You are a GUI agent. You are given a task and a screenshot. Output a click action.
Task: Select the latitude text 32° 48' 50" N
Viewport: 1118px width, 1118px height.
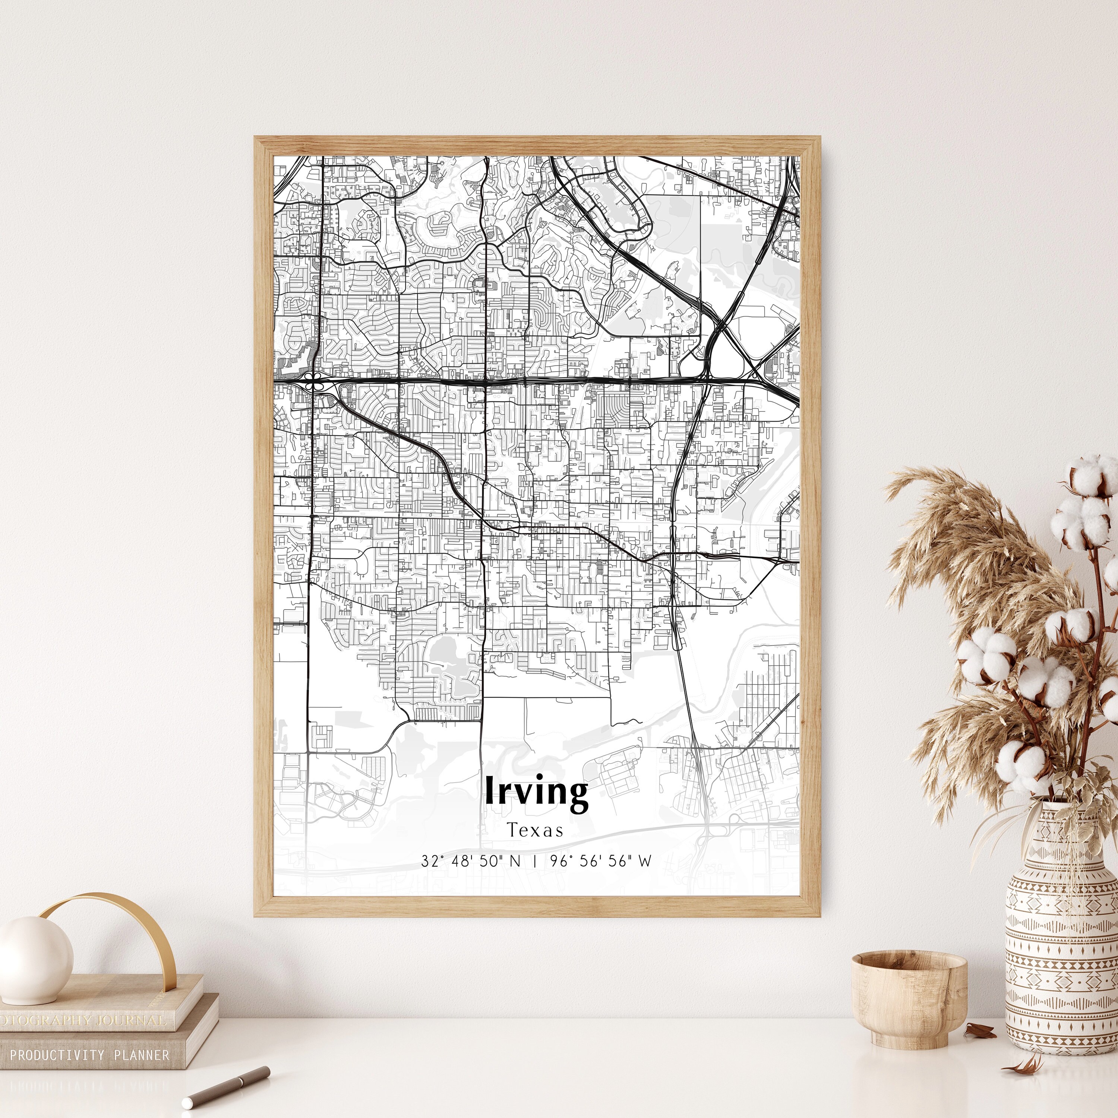point(470,861)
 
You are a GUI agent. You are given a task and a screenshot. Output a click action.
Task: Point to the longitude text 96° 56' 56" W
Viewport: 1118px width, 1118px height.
point(601,861)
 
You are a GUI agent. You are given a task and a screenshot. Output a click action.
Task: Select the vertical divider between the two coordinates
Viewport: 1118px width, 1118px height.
point(535,861)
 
